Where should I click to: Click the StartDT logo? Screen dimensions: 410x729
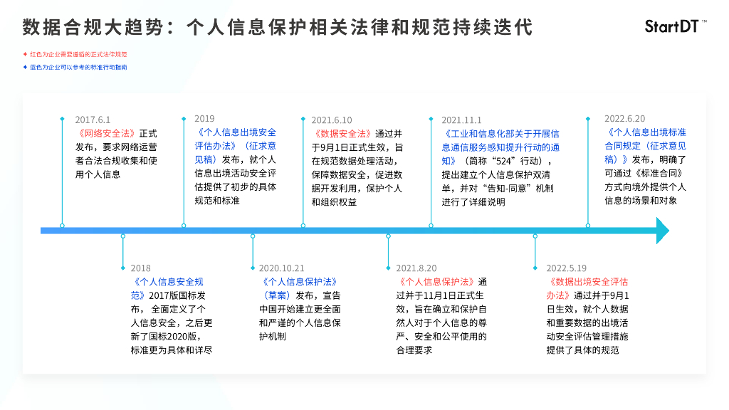click(x=675, y=27)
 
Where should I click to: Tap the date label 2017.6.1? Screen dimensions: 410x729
click(x=93, y=120)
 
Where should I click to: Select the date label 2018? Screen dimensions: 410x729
click(x=141, y=268)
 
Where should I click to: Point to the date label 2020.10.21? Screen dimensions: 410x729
click(x=281, y=268)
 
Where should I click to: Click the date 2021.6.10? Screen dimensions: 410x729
click(x=332, y=120)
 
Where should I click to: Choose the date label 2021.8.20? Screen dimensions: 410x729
click(x=416, y=268)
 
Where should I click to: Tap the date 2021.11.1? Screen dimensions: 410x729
click(x=461, y=120)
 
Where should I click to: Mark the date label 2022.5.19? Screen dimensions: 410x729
click(x=567, y=268)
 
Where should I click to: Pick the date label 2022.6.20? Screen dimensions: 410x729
click(x=625, y=119)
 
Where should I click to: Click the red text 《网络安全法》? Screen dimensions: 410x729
click(x=105, y=133)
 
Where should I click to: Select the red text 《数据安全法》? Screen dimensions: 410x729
click(x=342, y=133)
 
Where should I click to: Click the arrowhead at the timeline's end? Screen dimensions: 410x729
click(x=662, y=231)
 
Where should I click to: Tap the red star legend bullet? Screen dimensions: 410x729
click(x=25, y=54)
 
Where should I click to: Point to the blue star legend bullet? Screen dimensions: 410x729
click(x=25, y=67)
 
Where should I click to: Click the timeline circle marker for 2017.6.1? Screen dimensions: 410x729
click(x=62, y=226)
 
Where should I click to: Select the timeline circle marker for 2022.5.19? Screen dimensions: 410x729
click(x=535, y=236)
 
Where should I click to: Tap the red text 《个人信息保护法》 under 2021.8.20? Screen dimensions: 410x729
click(x=436, y=282)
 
